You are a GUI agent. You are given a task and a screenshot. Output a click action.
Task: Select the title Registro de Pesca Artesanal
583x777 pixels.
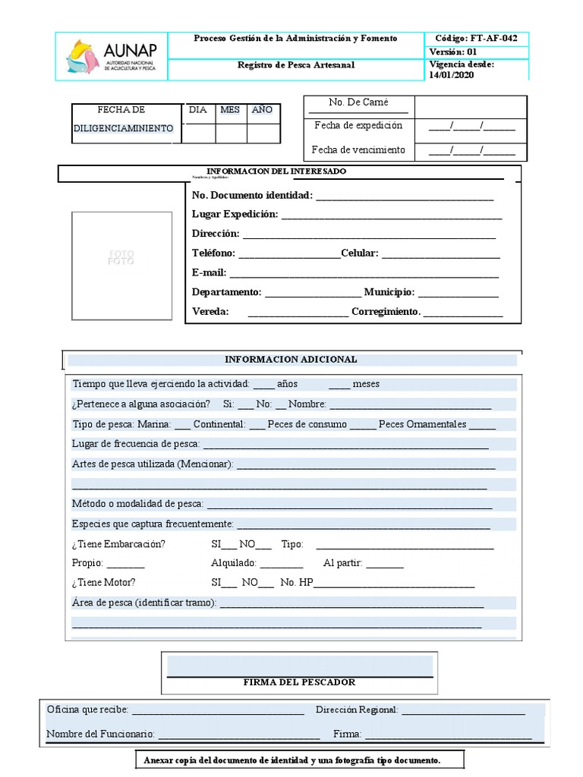[295, 65]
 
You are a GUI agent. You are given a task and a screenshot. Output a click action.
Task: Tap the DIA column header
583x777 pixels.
[197, 110]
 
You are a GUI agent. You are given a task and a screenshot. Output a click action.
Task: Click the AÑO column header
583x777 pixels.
[262, 110]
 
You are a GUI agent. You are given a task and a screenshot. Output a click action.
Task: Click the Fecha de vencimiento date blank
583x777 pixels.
[471, 150]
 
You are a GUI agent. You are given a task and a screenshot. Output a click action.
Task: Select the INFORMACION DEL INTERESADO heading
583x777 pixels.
[276, 171]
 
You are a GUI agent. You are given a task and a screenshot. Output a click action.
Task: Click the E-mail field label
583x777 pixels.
[209, 272]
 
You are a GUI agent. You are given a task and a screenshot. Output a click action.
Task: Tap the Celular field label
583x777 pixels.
[359, 253]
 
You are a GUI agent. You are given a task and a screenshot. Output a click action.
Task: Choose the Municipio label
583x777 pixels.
[389, 292]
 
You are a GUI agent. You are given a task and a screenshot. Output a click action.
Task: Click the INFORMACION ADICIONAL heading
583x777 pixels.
[291, 359]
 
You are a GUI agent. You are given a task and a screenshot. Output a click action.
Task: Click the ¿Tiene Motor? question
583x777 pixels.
[103, 583]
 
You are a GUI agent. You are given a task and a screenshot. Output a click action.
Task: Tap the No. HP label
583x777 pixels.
[296, 583]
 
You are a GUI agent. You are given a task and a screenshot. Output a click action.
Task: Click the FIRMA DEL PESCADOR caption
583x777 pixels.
[299, 683]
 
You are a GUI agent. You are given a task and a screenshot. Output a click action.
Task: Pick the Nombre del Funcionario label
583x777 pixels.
[100, 735]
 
